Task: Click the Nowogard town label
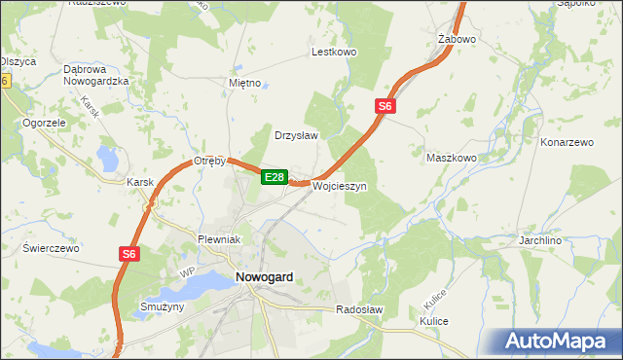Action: (264, 277)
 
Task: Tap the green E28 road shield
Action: (274, 177)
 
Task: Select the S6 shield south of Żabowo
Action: (385, 106)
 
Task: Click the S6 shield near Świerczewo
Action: (129, 253)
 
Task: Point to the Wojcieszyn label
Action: (339, 186)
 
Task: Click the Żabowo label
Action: (457, 40)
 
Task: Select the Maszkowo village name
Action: (452, 157)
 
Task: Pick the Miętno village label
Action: (244, 83)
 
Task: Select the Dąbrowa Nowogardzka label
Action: (96, 75)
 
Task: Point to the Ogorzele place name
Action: (44, 124)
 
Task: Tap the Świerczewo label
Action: (51, 248)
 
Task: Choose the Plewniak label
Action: (219, 238)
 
